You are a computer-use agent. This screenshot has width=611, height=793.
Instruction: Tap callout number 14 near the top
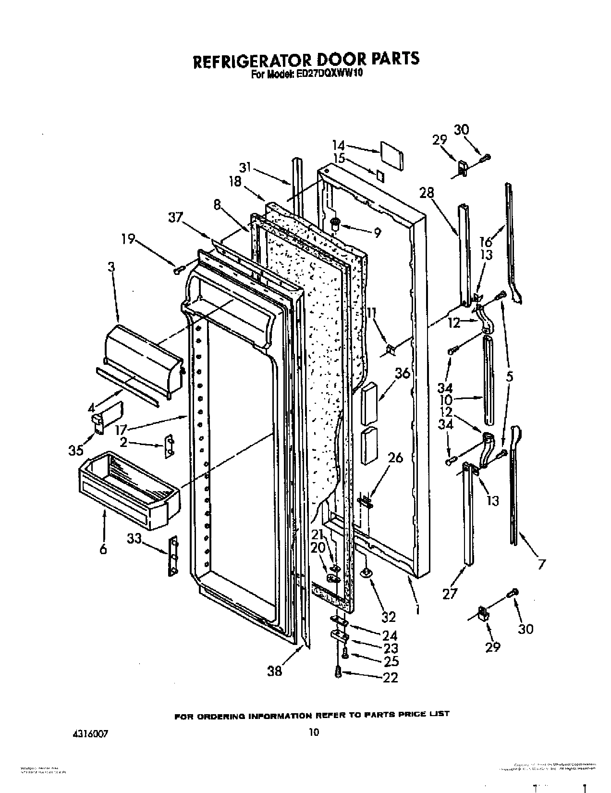click(339, 144)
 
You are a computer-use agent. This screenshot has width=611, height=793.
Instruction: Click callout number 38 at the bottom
click(275, 670)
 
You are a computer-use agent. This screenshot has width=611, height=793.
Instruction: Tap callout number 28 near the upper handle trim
click(426, 193)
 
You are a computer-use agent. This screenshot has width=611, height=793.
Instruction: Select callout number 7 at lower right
click(541, 564)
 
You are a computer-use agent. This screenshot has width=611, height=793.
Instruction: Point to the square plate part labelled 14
click(391, 154)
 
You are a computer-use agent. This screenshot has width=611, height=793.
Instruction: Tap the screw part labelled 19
click(177, 271)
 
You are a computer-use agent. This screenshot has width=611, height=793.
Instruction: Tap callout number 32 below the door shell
click(388, 617)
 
